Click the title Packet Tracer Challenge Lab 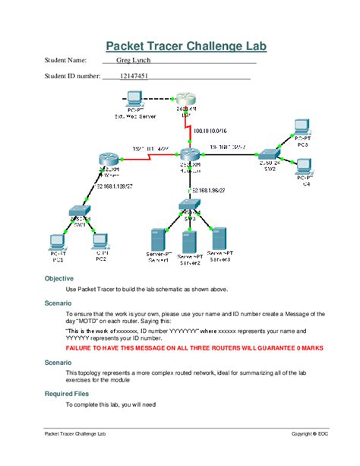tap(185, 46)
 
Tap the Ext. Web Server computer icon tap(134, 99)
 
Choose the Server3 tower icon tap(219, 239)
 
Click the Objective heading tap(59, 279)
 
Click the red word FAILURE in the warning tap(84, 347)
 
